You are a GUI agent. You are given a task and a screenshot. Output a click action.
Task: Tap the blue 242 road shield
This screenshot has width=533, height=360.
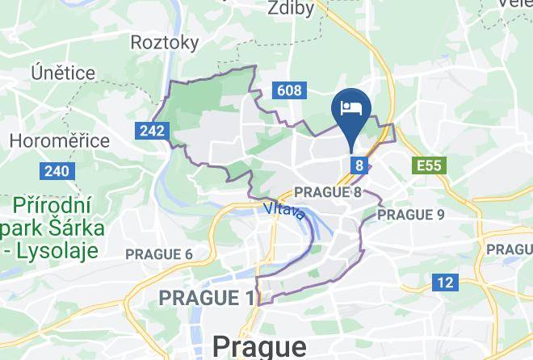pos(151,130)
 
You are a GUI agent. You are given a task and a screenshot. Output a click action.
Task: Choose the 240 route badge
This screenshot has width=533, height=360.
pos(56,171)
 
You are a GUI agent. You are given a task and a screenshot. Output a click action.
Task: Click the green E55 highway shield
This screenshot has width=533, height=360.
pos(428,165)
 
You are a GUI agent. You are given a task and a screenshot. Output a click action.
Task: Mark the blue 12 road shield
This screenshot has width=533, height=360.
pos(445,282)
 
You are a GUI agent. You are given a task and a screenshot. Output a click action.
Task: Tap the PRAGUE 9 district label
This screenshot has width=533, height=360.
pos(410,215)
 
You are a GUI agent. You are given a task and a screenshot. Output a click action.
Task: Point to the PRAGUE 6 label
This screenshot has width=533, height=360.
pos(158,254)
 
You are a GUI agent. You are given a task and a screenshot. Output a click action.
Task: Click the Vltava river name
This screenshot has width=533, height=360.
pos(284,211)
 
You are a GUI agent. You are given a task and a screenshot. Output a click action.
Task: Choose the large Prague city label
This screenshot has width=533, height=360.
pos(260,346)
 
